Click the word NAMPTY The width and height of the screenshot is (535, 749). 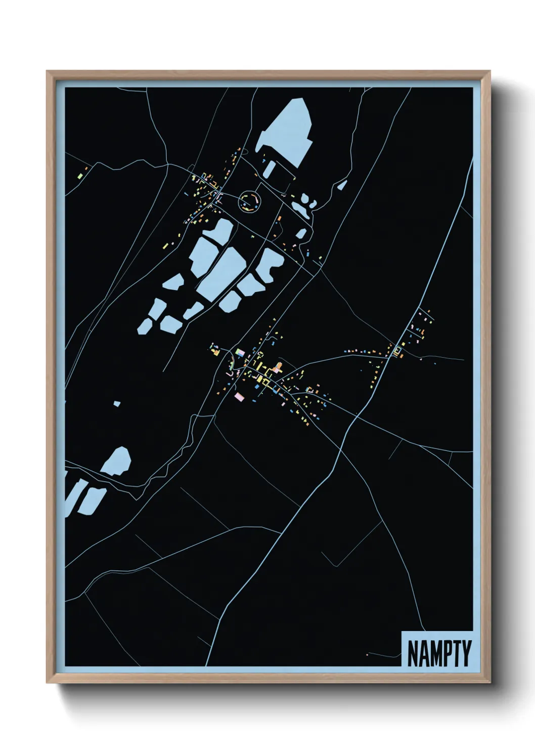coord(438,654)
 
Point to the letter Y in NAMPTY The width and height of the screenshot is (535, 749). coord(466,654)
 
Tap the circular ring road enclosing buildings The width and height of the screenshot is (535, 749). coord(250,201)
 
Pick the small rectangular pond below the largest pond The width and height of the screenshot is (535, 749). coord(270,169)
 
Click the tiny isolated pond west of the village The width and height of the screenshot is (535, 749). coord(117,403)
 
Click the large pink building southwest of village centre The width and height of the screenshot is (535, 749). coord(239,396)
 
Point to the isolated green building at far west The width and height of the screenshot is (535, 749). coord(80,176)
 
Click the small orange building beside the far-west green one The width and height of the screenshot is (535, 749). coord(86,169)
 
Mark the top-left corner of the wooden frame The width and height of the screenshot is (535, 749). coord(47,71)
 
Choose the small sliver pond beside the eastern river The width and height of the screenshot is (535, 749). coord(342,185)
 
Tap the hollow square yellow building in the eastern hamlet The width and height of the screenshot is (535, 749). coord(397,350)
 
